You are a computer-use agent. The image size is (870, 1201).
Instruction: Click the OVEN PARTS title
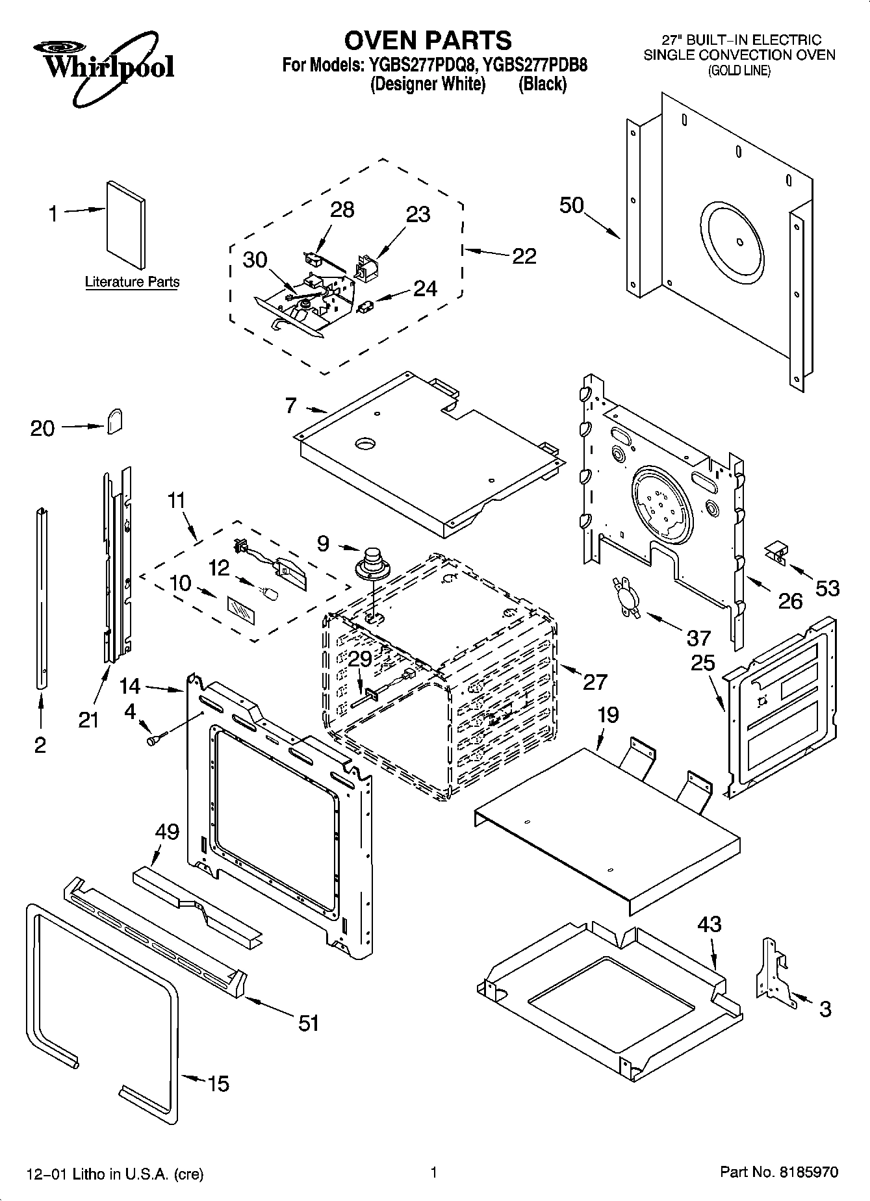click(x=428, y=40)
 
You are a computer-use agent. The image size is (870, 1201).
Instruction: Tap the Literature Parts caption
click(x=132, y=283)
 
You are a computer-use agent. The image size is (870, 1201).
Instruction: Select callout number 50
click(x=572, y=205)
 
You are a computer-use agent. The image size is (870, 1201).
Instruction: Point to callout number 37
click(x=698, y=638)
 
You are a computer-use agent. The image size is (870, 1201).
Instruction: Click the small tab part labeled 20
click(x=115, y=421)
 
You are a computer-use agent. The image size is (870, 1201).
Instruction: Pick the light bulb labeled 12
click(x=268, y=593)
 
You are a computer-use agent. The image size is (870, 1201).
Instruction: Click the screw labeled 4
click(x=156, y=739)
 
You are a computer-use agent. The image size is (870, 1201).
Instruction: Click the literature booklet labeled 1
click(x=125, y=224)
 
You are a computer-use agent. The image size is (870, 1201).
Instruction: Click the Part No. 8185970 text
click(x=779, y=1172)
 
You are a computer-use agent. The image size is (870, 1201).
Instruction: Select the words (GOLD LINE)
click(x=739, y=71)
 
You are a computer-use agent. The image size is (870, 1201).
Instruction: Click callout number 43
click(x=709, y=924)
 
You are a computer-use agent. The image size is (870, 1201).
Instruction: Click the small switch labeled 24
click(x=366, y=305)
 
